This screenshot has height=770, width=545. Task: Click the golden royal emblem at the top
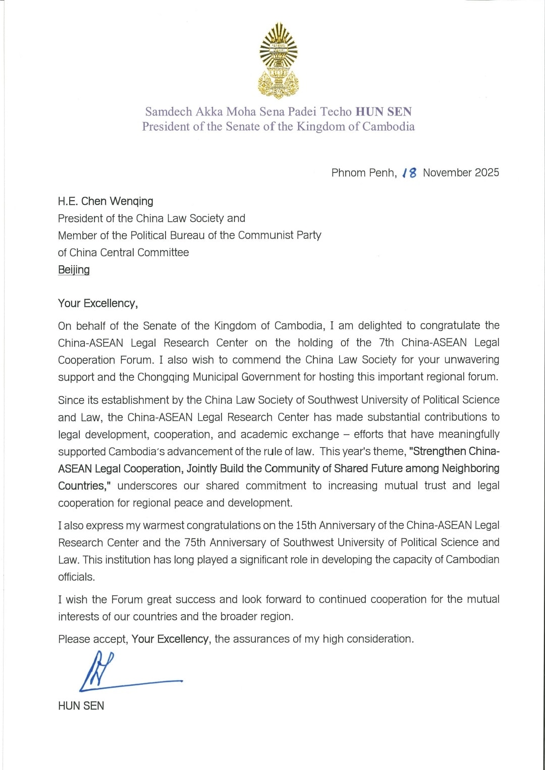(x=278, y=61)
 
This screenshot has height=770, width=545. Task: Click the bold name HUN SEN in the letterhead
(x=384, y=111)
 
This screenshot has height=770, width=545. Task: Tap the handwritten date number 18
(x=410, y=173)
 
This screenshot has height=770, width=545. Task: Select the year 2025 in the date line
(x=487, y=172)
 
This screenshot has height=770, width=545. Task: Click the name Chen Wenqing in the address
(x=117, y=201)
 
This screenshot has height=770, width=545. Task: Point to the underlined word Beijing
(x=74, y=270)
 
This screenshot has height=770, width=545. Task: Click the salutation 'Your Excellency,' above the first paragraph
(x=98, y=303)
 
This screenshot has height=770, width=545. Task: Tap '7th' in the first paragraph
(x=386, y=343)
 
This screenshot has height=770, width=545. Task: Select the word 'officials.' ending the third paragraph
(x=76, y=577)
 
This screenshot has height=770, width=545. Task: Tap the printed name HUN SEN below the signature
(x=81, y=706)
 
